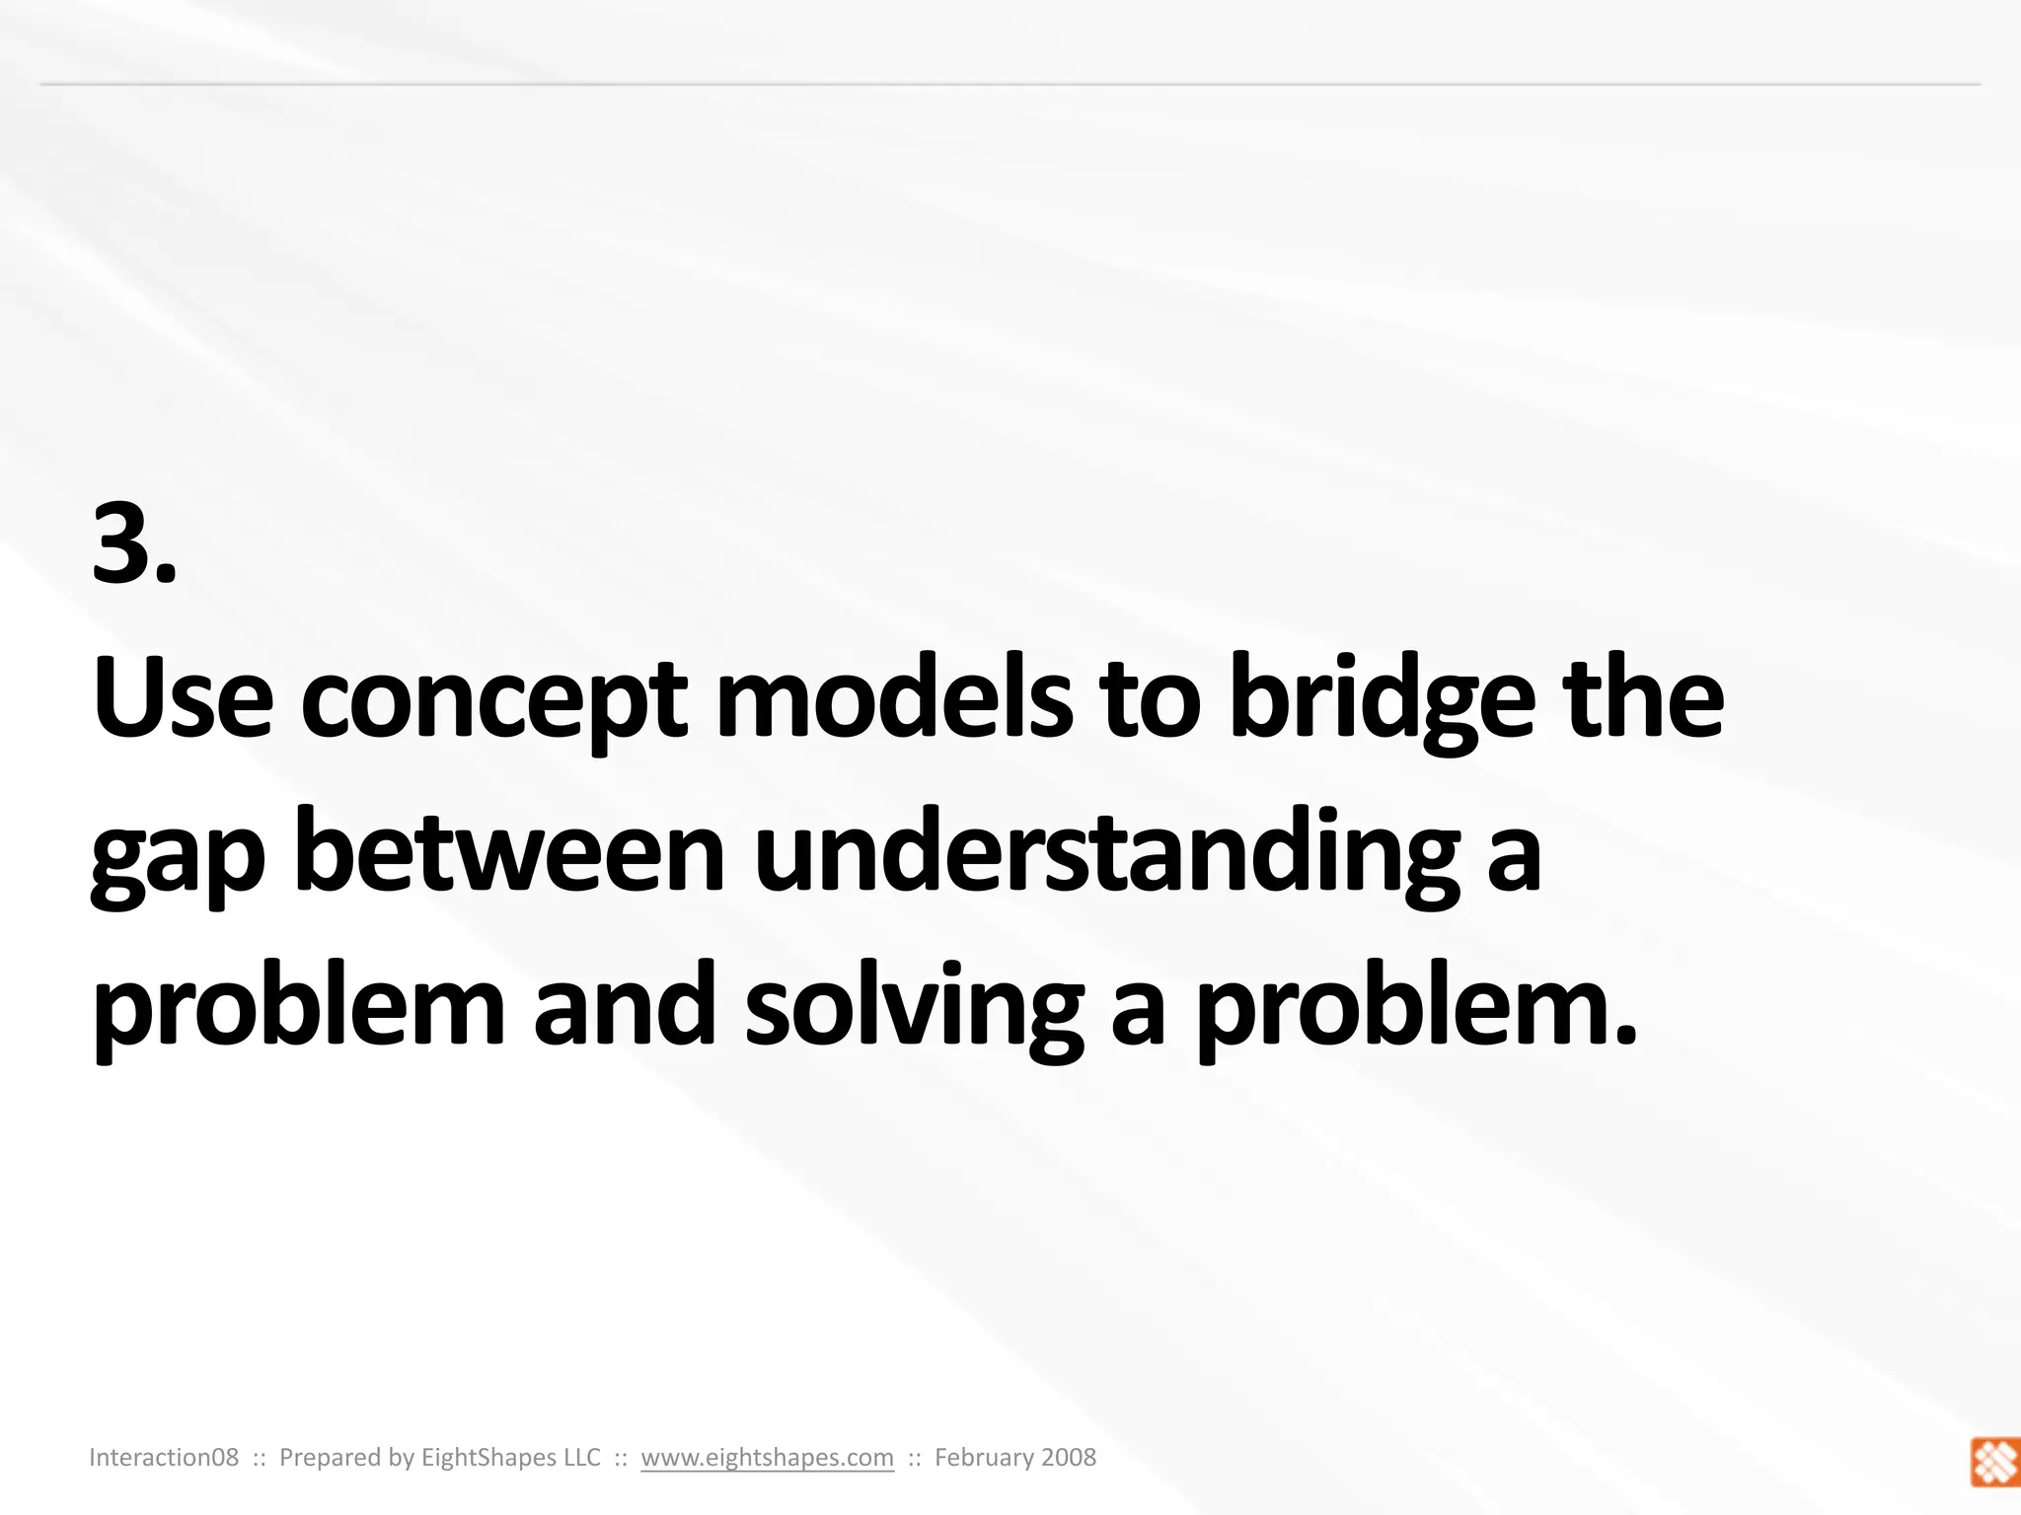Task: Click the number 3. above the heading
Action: (134, 544)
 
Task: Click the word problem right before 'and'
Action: (298, 1011)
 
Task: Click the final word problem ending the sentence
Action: (1417, 1011)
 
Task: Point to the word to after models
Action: (1150, 700)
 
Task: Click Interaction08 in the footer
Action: (164, 1458)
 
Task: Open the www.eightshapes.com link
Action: (767, 1458)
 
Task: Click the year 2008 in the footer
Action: (1067, 1458)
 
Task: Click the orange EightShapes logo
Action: (1993, 1462)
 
